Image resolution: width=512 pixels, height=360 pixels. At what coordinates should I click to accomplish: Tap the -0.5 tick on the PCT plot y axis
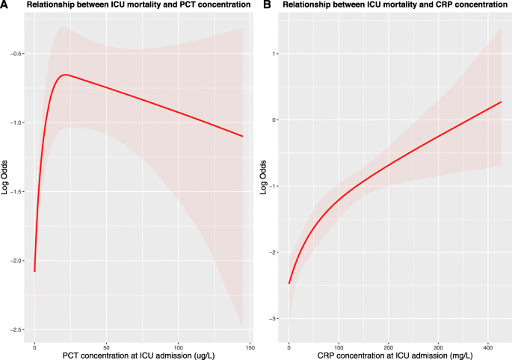coord(16,54)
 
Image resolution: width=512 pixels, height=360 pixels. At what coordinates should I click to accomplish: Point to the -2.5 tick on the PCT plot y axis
coord(16,329)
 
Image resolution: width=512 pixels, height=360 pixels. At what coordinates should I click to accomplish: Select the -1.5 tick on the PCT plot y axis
coord(16,192)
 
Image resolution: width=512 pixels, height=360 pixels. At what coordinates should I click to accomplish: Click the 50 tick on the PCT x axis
coord(106,347)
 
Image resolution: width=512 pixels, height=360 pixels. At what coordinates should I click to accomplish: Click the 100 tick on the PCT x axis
coord(179,347)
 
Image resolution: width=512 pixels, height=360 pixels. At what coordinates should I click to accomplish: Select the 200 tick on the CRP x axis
coord(389,347)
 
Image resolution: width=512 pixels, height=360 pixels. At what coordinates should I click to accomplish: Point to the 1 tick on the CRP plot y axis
coord(276,54)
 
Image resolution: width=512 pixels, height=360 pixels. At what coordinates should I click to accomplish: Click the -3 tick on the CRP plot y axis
coord(274,319)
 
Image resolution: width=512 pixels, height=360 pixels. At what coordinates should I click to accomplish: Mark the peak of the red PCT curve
coord(67,75)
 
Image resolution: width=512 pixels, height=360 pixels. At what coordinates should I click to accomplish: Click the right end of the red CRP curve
coord(501,102)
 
